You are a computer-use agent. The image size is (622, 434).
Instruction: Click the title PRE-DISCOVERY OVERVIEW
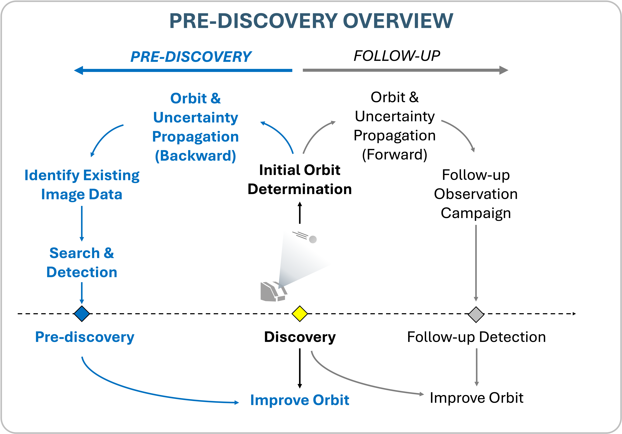tap(311, 21)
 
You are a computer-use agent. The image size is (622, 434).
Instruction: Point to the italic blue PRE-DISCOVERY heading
tap(191, 57)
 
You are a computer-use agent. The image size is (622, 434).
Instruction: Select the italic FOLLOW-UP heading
tap(397, 56)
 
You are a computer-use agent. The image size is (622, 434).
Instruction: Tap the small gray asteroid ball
tap(313, 239)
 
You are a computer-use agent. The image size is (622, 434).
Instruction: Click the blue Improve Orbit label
tap(300, 400)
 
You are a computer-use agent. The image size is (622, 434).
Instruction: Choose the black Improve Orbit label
tap(477, 398)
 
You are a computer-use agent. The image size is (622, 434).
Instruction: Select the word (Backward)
tap(195, 156)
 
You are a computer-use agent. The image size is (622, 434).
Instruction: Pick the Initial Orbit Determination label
tap(300, 180)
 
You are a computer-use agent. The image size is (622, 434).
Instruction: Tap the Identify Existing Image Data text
tap(82, 185)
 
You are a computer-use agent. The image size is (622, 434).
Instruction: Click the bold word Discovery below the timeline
tap(300, 337)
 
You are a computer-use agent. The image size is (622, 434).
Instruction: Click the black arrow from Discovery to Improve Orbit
tap(300, 368)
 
